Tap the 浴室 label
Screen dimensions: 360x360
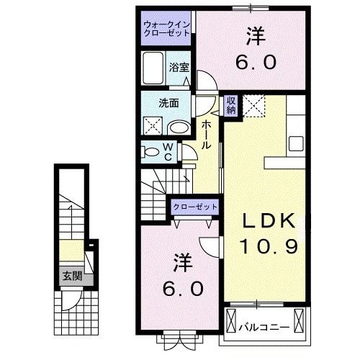[x=179, y=68]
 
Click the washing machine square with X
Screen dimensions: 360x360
[x=153, y=127]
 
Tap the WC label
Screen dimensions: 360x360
[x=166, y=152]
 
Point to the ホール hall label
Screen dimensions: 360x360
[x=207, y=135]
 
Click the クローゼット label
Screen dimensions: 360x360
[x=194, y=207]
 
